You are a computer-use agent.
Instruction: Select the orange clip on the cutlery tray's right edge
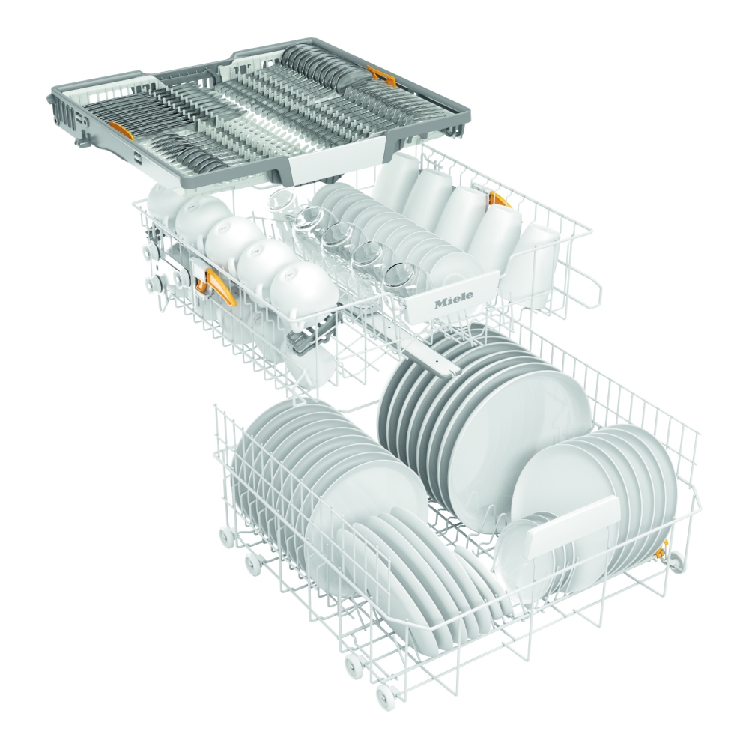click(x=382, y=76)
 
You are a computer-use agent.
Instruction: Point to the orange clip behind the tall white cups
click(x=498, y=200)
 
